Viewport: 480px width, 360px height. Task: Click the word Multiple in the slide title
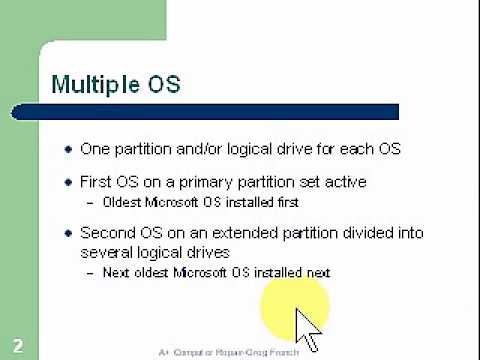[97, 84]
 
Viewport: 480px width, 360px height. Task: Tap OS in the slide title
[164, 84]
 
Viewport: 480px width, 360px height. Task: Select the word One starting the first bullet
[96, 149]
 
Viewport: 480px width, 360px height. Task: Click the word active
[342, 182]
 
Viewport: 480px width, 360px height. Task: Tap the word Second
[106, 233]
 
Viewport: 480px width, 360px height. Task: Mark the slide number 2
[18, 347]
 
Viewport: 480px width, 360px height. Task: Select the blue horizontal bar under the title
[224, 112]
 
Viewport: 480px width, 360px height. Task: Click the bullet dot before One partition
[68, 150]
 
